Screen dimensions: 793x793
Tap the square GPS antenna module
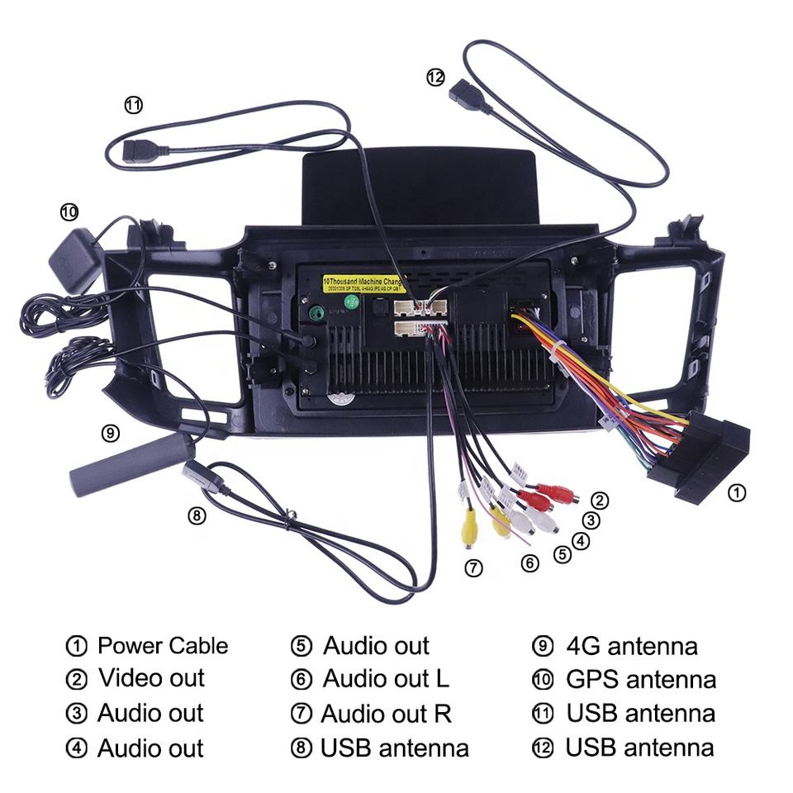76,262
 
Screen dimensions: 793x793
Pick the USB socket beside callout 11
142,152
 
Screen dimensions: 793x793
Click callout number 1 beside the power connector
737,493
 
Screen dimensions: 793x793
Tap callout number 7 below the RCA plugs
472,567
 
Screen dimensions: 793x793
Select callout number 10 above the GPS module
69,212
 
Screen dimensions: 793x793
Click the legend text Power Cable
163,646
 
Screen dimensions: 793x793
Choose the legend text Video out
151,679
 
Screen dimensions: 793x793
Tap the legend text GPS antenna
640,680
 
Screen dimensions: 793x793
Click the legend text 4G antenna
631,646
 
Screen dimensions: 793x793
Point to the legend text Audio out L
386,679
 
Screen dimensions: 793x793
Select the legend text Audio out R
386,714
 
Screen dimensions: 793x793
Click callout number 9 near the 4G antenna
110,433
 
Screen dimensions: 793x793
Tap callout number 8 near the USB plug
196,515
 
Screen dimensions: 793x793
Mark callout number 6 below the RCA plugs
530,563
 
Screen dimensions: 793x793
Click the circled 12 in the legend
542,748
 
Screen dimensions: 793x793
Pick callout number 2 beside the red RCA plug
601,500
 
